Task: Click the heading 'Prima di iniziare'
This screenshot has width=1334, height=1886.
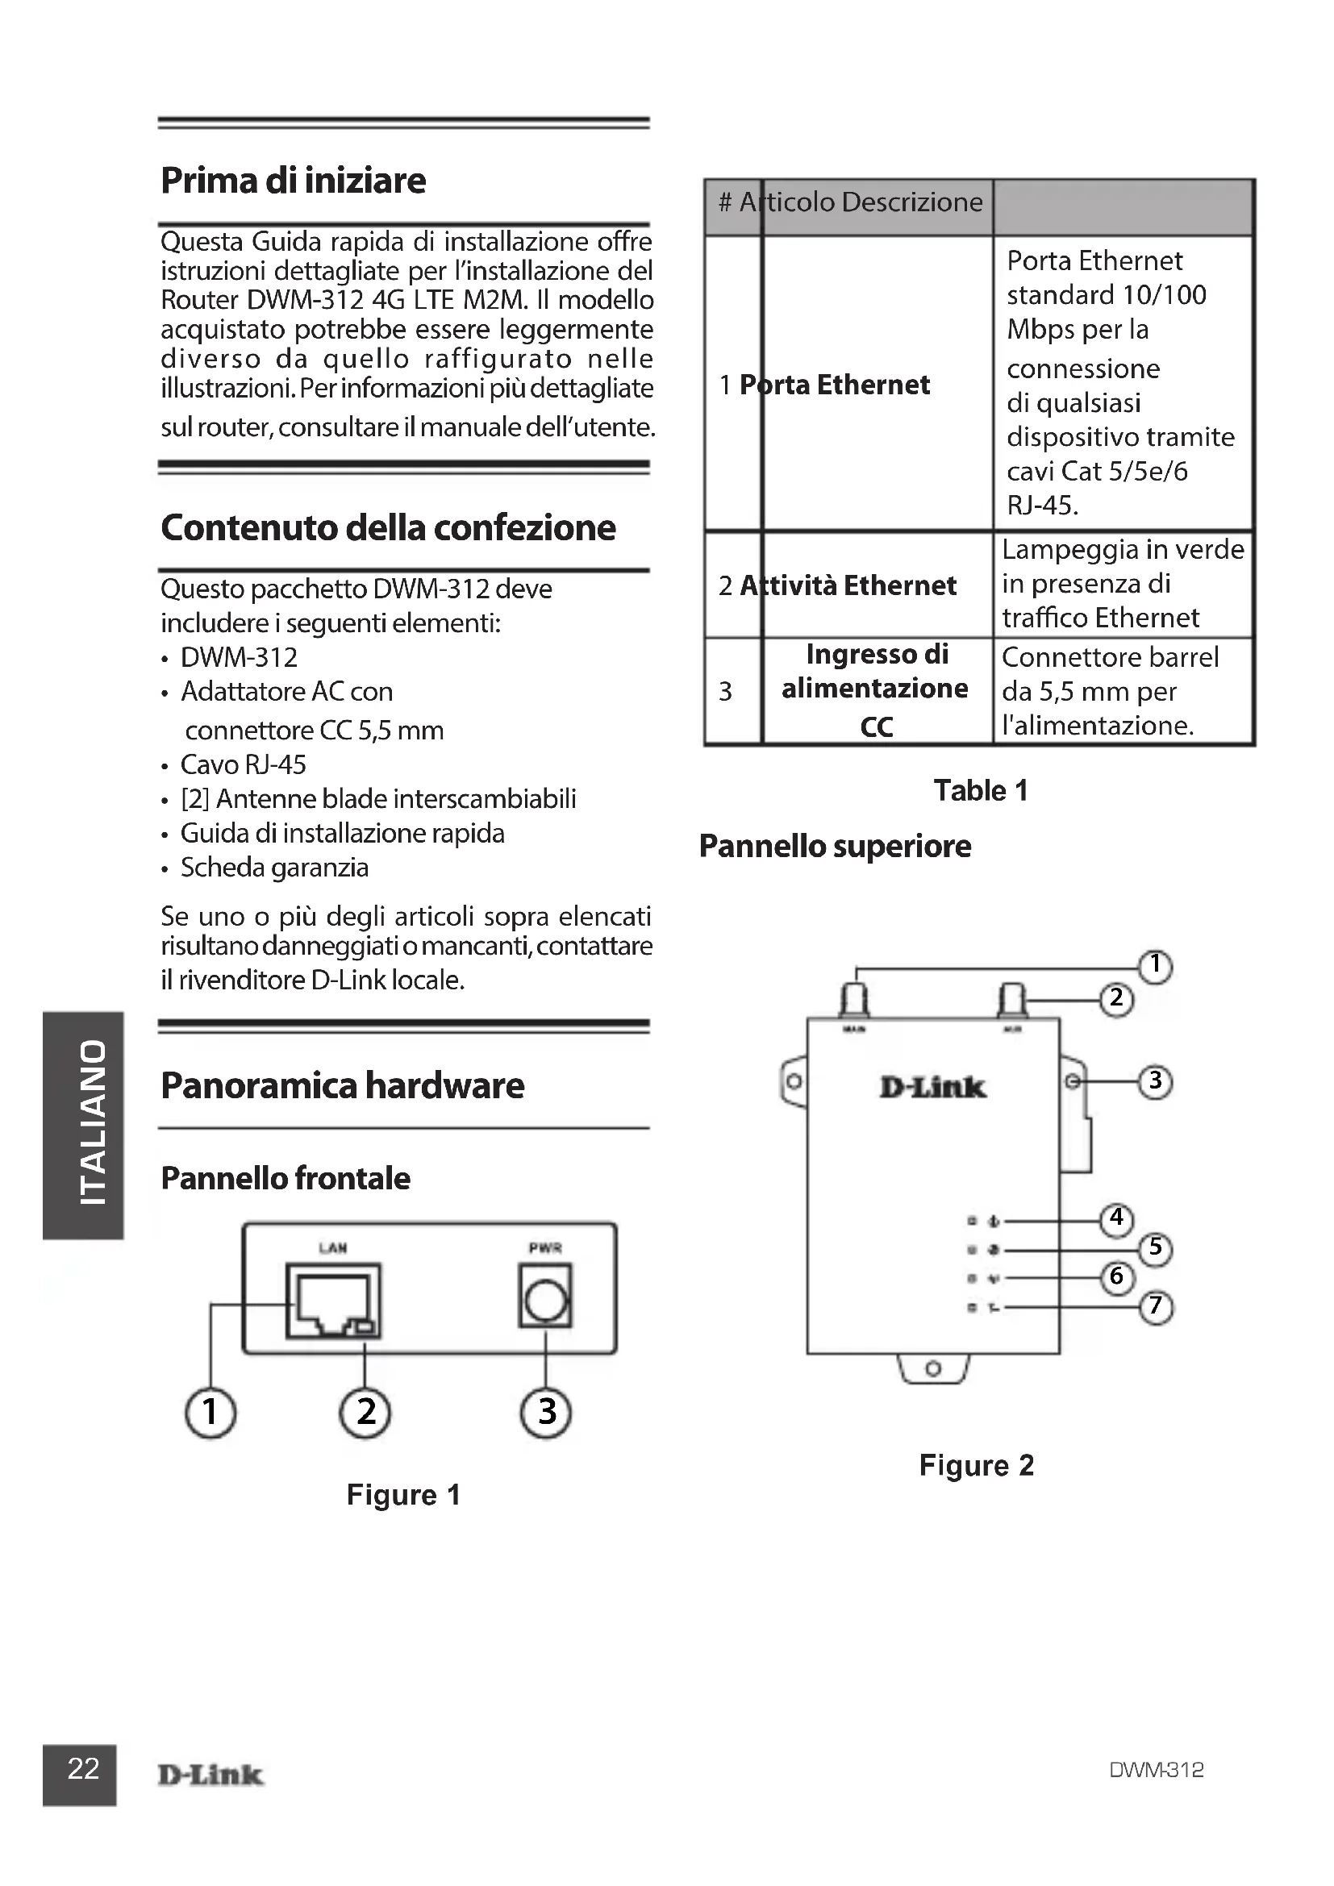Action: [294, 181]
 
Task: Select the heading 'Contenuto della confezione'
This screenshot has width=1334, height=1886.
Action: [388, 528]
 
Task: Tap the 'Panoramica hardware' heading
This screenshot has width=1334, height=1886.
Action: [343, 1086]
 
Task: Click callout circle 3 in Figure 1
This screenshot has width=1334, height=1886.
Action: [546, 1412]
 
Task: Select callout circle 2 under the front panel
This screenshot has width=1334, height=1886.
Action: [365, 1412]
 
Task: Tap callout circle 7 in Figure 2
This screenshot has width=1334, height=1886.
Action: [1156, 1305]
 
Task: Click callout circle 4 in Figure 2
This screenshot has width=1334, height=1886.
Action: [1116, 1218]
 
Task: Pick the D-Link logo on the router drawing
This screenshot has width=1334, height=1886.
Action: [932, 1088]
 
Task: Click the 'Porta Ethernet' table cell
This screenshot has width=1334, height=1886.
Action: [835, 385]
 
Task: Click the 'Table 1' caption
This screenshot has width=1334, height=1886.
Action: [981, 790]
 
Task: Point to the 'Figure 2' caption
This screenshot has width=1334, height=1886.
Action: [976, 1465]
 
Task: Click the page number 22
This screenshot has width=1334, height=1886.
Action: [82, 1768]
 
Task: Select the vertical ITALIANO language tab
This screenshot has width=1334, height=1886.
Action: [82, 1125]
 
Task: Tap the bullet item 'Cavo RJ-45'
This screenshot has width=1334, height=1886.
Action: [243, 764]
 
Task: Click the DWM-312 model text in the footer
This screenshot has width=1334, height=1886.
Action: [1156, 1770]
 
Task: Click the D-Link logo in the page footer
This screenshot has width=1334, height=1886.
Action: [211, 1775]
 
